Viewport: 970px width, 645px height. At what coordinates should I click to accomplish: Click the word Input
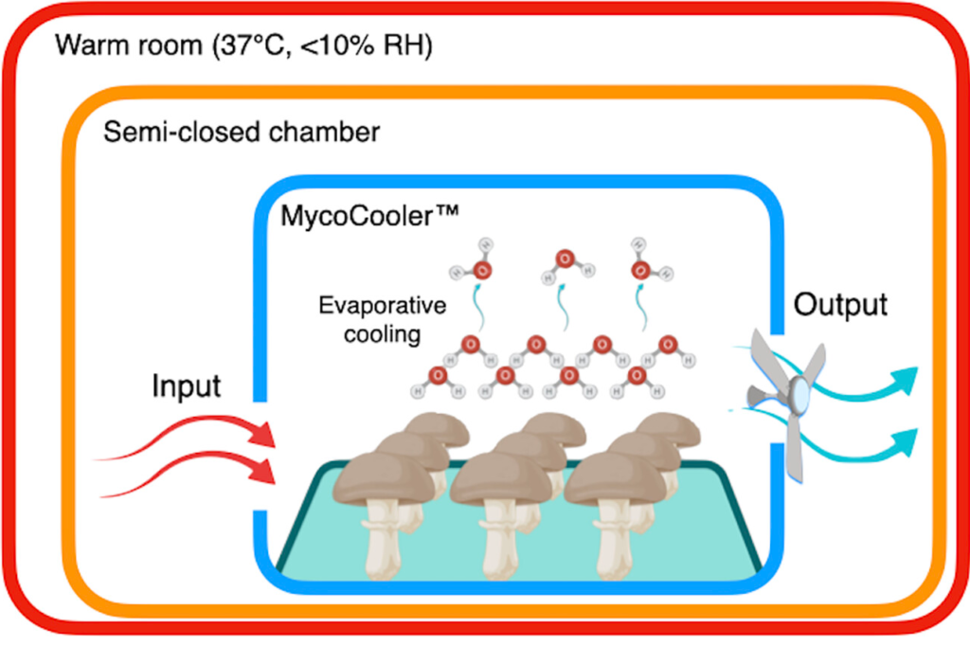[x=187, y=387]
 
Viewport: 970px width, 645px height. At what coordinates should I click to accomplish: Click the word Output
[x=840, y=306]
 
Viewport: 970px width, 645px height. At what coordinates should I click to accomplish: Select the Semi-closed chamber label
[x=241, y=132]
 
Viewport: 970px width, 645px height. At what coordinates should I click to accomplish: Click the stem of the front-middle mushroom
[x=496, y=545]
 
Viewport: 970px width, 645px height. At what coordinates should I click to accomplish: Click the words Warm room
[x=110, y=45]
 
